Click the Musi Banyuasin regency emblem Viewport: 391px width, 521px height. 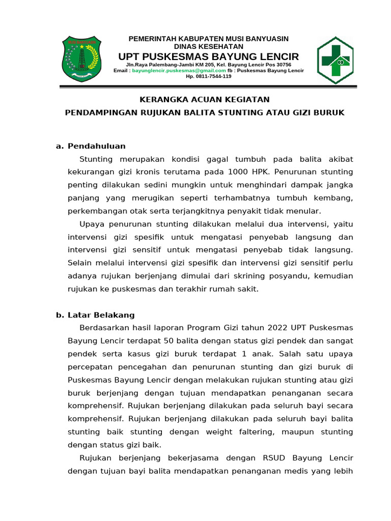pyautogui.click(x=81, y=59)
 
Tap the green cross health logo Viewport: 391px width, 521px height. pyautogui.click(x=334, y=60)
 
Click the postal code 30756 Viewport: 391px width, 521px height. pyautogui.click(x=282, y=65)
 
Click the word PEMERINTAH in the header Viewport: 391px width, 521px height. pyautogui.click(x=152, y=39)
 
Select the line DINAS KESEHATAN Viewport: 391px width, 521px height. pyautogui.click(x=209, y=46)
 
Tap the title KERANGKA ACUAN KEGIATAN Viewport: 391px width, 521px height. pyautogui.click(x=205, y=99)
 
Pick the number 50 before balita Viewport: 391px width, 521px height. pyautogui.click(x=182, y=340)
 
